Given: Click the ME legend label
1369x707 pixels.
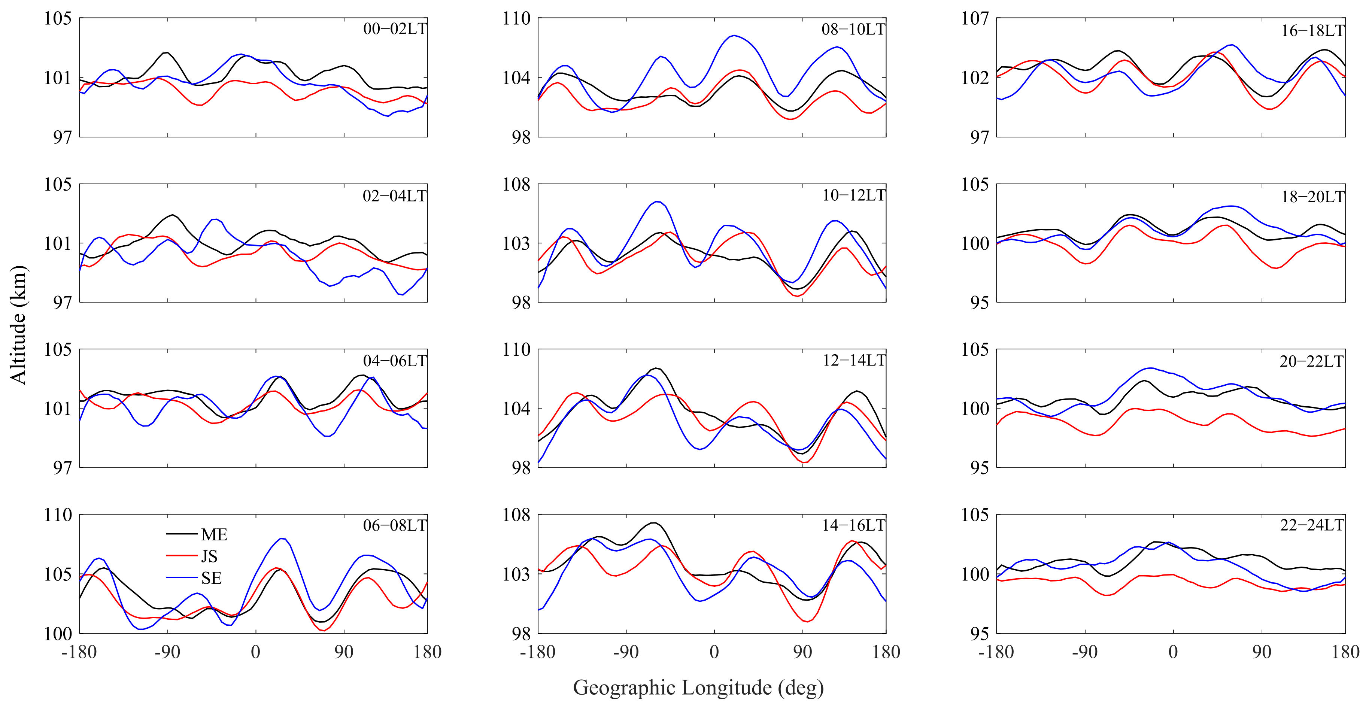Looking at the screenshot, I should [x=214, y=534].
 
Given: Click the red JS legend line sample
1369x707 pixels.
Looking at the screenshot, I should [x=182, y=556].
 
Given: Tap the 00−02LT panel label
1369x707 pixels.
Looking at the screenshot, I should [x=394, y=29].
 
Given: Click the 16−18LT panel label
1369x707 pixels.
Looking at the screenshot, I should [x=1312, y=31].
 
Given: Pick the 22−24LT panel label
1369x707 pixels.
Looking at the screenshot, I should [x=1312, y=525].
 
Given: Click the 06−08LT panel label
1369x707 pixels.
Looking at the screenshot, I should [x=394, y=526].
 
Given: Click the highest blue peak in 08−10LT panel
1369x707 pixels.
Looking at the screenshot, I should [x=734, y=36].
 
